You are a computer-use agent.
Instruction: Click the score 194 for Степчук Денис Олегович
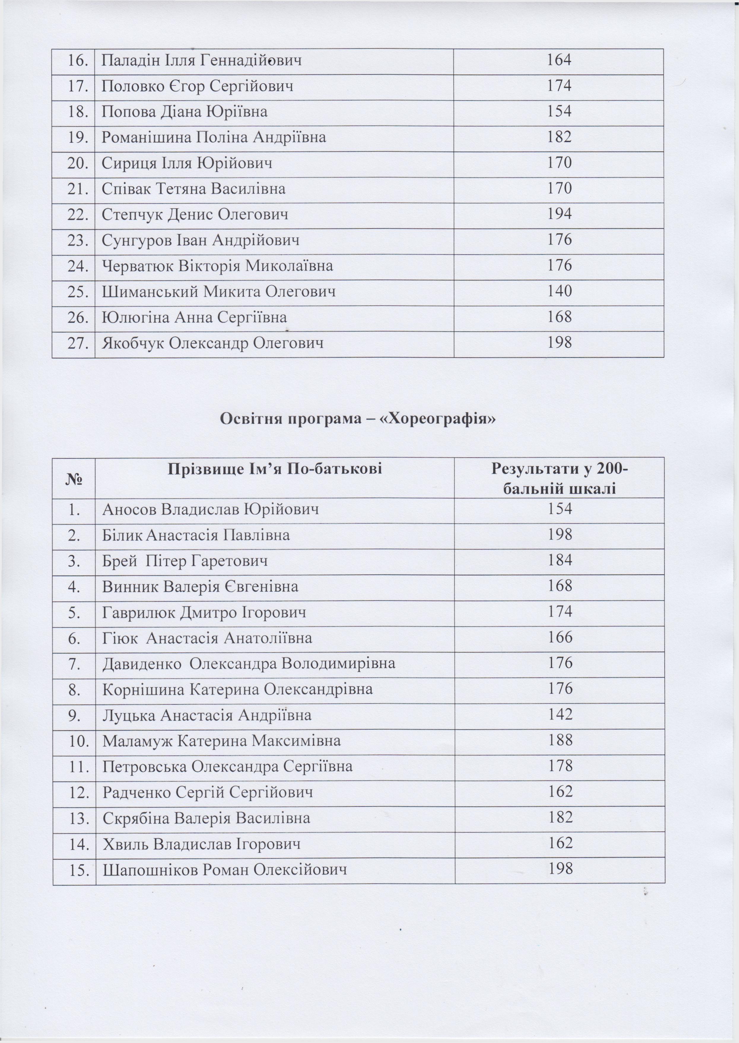tap(559, 214)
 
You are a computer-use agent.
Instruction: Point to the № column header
tap(74, 479)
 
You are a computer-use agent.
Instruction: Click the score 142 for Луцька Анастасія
tap(560, 715)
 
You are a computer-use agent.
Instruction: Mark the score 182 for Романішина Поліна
tap(559, 137)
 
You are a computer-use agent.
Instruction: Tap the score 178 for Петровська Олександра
tap(560, 766)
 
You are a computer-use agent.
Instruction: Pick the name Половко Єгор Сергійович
tap(197, 86)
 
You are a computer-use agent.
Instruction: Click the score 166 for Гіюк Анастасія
tap(560, 638)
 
